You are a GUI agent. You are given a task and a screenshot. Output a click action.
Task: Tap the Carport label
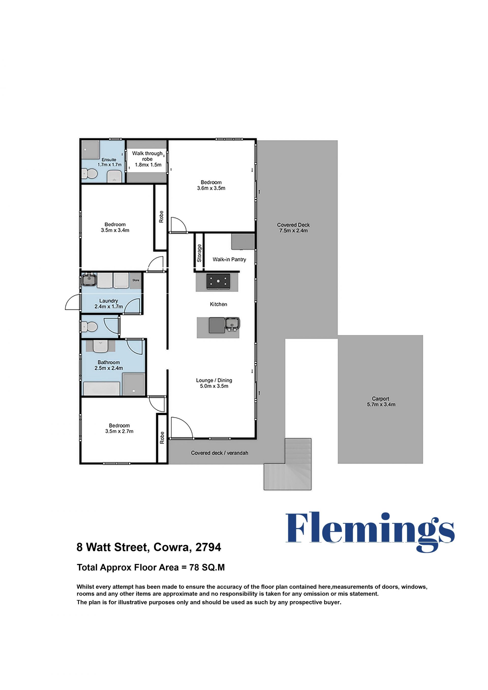click(x=381, y=402)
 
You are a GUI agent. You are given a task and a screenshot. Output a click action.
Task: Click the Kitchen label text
click(x=219, y=304)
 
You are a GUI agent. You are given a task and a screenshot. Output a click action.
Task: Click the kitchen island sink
click(x=233, y=324)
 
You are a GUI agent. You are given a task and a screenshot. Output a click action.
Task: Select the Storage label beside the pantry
click(x=199, y=253)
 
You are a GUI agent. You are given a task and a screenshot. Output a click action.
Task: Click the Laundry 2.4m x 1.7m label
click(x=109, y=303)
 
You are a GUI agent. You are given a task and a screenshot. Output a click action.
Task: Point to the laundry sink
click(x=89, y=280)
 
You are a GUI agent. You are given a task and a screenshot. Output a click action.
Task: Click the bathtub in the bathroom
click(x=102, y=389)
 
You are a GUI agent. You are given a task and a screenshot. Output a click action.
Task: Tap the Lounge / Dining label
click(x=214, y=383)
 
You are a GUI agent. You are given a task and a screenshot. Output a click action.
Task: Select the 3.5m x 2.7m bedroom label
click(x=119, y=428)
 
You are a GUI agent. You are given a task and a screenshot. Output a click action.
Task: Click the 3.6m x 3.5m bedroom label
click(x=211, y=185)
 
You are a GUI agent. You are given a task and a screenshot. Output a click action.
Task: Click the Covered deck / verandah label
click(x=219, y=453)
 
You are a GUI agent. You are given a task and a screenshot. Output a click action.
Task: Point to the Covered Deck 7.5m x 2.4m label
click(x=293, y=227)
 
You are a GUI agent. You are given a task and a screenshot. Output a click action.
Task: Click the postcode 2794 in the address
click(x=208, y=547)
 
